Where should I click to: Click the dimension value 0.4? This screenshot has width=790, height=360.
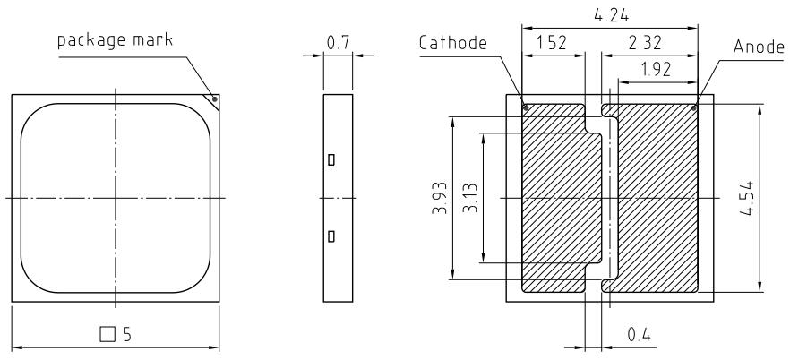coord(639,335)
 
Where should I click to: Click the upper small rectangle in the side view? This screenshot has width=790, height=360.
coord(331,160)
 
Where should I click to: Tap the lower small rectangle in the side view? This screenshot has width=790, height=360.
coord(331,236)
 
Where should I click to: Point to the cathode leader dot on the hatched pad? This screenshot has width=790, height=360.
coord(526,109)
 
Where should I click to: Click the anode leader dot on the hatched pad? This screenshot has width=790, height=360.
coord(695,108)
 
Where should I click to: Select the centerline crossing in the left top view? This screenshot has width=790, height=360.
coord(116,197)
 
